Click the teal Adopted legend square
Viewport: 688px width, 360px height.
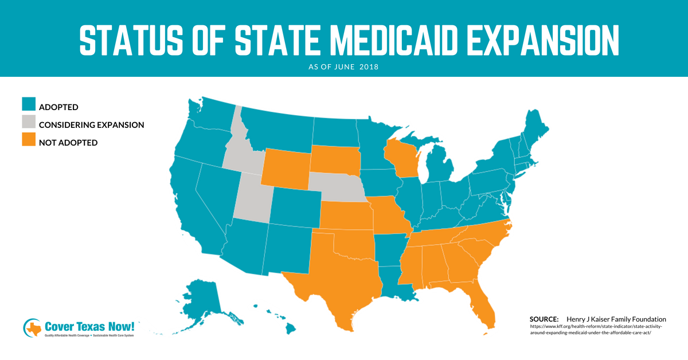point(29,105)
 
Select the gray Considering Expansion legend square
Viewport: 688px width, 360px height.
point(29,123)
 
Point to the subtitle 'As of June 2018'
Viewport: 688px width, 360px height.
point(344,67)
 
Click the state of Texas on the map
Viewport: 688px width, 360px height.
point(338,281)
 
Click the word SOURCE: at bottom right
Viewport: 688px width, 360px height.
point(544,319)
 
